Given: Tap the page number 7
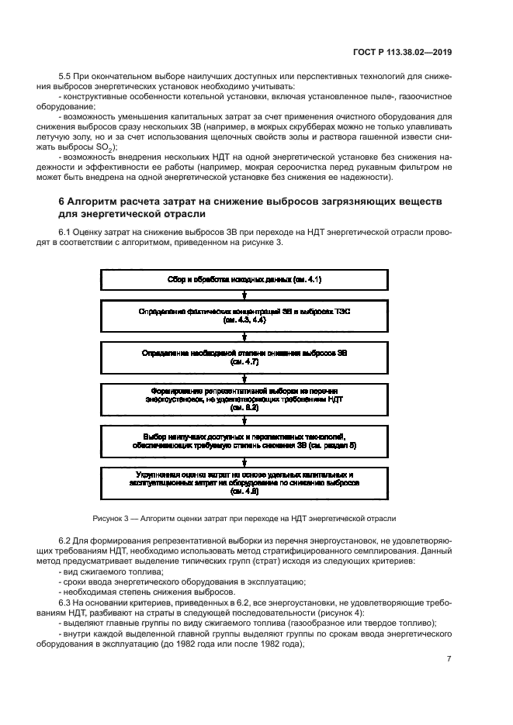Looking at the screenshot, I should (x=449, y=659).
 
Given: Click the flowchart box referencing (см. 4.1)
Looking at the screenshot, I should (x=244, y=278).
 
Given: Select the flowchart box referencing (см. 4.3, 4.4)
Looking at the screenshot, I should (x=244, y=315).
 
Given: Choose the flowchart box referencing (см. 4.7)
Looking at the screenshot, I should (x=244, y=357).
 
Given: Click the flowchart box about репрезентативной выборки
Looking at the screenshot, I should (x=244, y=399).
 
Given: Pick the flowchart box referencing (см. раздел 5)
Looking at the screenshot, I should (x=244, y=440).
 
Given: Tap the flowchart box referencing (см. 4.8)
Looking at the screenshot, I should (x=244, y=482).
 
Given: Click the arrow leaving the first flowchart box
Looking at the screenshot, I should (x=244, y=294).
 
